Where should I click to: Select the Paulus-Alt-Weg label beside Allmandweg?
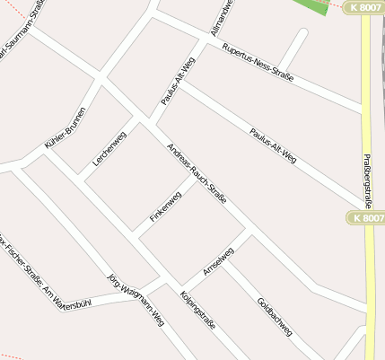[x=178, y=82]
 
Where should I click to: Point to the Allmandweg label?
[x=222, y=16]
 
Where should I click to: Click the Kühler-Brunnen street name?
[x=65, y=127]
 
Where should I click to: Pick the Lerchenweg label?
[x=109, y=148]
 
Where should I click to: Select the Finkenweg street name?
[x=165, y=206]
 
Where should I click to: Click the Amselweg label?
[x=218, y=260]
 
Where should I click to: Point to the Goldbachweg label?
[x=275, y=316]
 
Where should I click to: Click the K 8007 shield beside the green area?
[x=363, y=7]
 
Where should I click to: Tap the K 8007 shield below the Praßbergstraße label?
[x=365, y=218]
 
